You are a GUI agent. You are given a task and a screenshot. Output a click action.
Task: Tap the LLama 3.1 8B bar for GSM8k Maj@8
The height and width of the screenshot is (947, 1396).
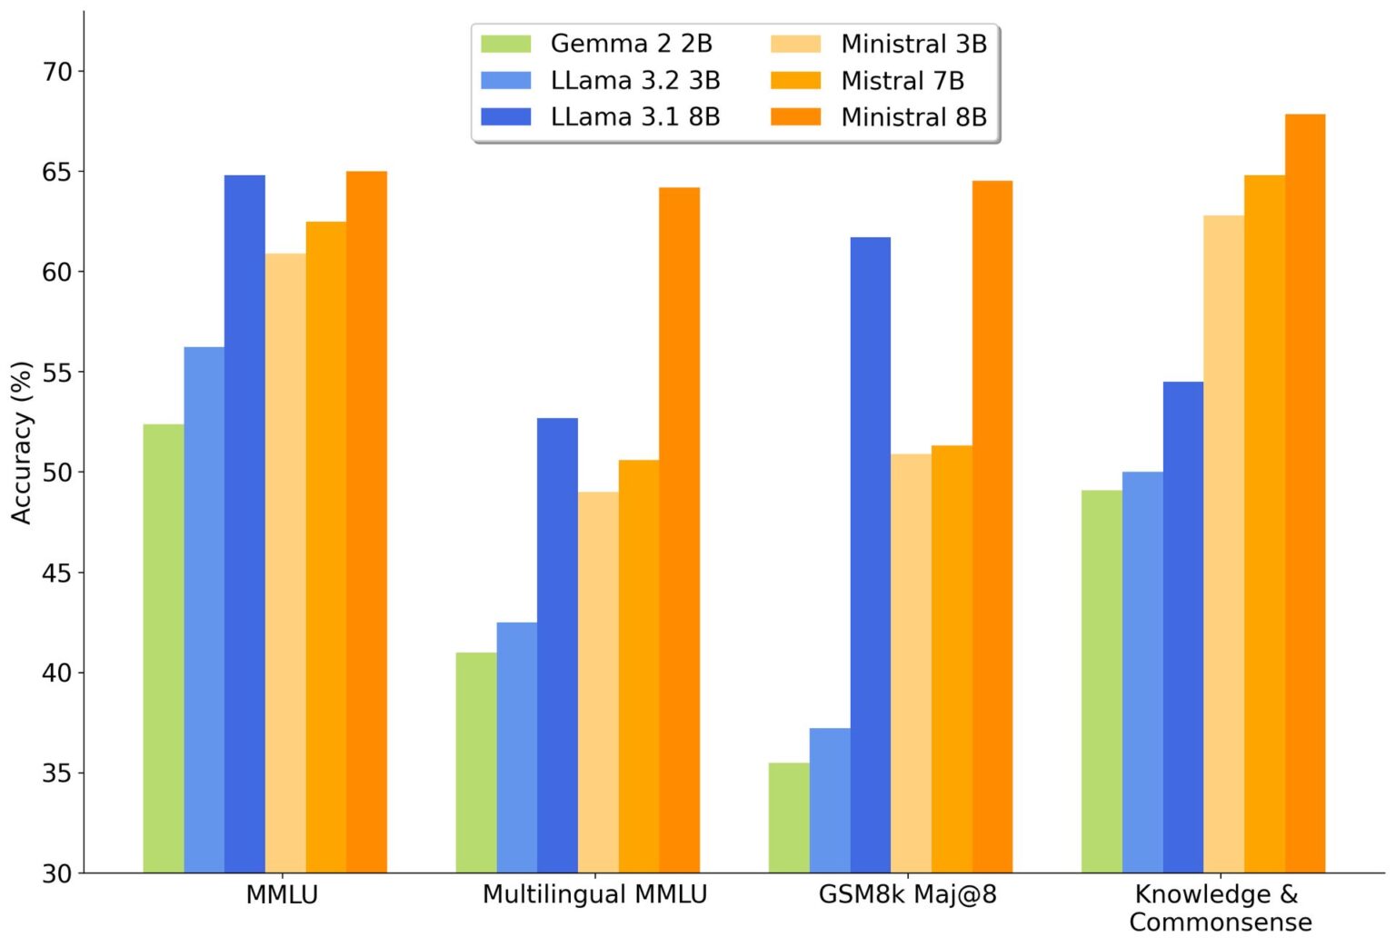coord(870,554)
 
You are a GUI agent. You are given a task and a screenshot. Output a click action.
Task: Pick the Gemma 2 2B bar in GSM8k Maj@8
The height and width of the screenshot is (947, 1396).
coord(789,817)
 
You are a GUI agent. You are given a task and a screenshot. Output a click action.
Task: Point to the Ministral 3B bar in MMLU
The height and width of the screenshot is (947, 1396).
coord(285,563)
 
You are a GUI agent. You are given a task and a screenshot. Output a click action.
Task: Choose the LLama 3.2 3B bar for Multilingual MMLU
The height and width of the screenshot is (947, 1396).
coord(516,747)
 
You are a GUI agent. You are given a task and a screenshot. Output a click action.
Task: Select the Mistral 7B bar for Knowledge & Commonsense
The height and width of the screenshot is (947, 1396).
coord(1264,523)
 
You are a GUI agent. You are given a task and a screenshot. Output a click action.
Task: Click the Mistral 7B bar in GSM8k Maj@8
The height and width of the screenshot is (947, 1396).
coord(952,659)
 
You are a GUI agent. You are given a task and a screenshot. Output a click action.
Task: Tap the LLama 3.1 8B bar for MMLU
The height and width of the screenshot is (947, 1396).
coord(244,523)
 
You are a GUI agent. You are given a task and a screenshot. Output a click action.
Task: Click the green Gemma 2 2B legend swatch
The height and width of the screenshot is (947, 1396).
coord(505,44)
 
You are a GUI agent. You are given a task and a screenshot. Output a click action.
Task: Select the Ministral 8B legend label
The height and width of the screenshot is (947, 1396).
coord(913,117)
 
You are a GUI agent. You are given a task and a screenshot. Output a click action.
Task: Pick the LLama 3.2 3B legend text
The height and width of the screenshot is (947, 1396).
coord(635,81)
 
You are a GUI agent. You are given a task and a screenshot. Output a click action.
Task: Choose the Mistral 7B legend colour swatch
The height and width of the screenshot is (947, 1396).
coord(795,81)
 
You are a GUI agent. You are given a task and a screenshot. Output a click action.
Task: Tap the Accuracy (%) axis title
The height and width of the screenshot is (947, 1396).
coord(22,443)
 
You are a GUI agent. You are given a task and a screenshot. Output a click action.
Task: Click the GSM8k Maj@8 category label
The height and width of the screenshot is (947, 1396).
coord(907,894)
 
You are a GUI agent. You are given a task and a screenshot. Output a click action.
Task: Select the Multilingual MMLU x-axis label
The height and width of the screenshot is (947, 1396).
coord(594,894)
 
